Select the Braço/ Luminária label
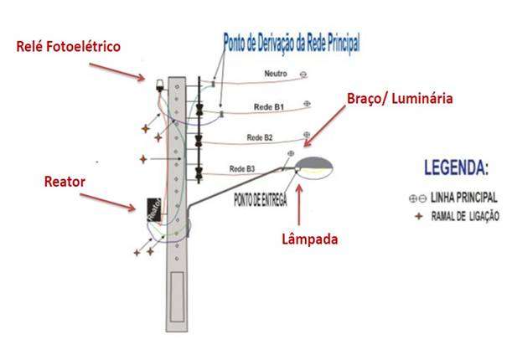[x=400, y=99]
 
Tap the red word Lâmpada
[x=308, y=239]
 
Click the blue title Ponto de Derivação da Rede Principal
[x=292, y=43]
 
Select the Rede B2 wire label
[x=260, y=137]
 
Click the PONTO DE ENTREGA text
[x=261, y=199]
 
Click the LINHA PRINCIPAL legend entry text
[x=463, y=198]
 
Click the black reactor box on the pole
[x=153, y=209]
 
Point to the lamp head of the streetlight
[x=313, y=164]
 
